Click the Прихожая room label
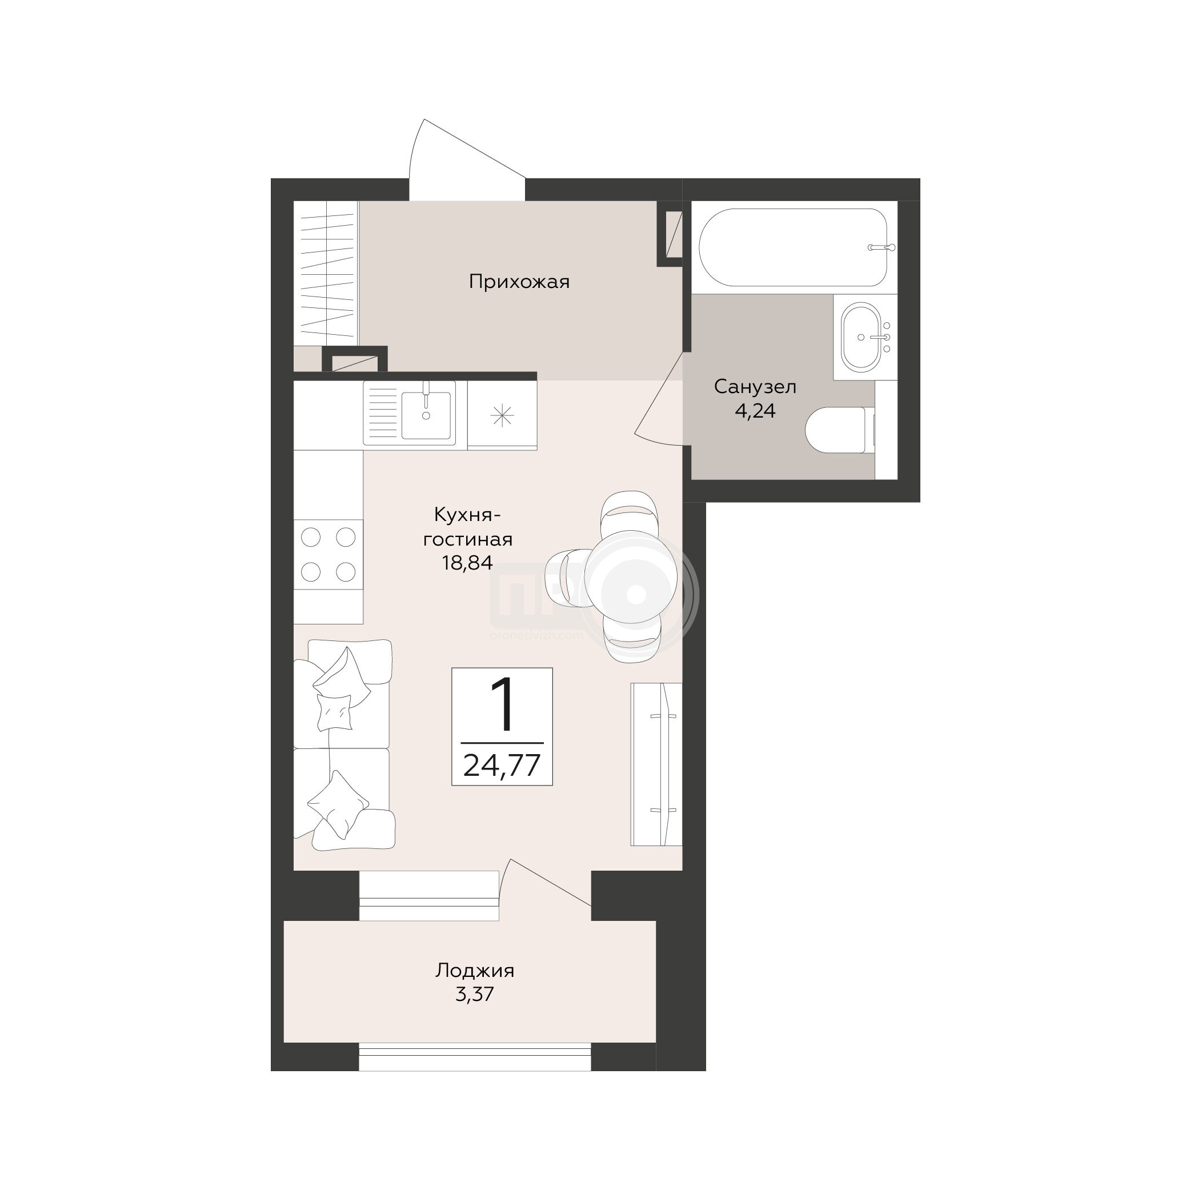(x=519, y=282)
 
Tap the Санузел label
(x=755, y=387)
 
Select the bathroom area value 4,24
(x=755, y=411)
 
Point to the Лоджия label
(x=475, y=971)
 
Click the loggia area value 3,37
(x=475, y=994)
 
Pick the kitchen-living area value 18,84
(x=467, y=562)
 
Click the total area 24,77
(x=502, y=766)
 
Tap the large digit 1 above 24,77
(x=503, y=704)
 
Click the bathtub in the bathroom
(x=794, y=247)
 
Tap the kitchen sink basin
(x=426, y=414)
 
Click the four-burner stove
(x=328, y=554)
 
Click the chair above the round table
(x=628, y=512)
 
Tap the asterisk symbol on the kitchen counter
(x=502, y=416)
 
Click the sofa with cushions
(x=343, y=746)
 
